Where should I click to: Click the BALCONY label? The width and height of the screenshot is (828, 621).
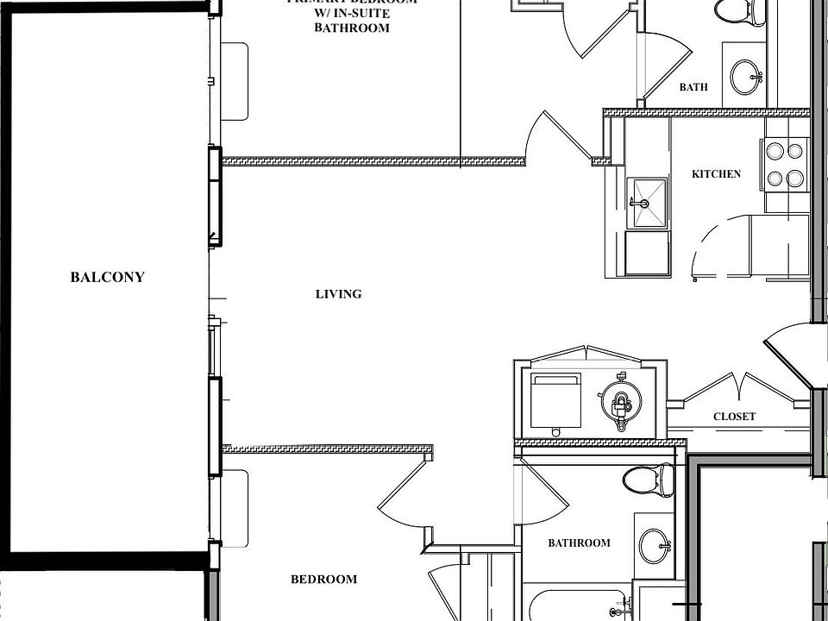click(x=107, y=277)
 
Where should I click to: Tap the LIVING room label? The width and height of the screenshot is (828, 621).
click(x=338, y=294)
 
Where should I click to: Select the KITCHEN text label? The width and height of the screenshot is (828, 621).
click(x=716, y=174)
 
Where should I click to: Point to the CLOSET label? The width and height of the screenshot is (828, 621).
click(x=734, y=417)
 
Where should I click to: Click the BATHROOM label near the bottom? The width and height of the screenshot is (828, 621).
click(x=579, y=543)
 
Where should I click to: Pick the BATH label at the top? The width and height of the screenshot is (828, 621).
click(x=693, y=87)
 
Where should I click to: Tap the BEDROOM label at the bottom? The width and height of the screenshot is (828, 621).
click(x=323, y=580)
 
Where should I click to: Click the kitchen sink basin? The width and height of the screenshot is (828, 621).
click(x=647, y=203)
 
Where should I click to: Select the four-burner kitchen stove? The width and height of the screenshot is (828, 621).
click(x=784, y=165)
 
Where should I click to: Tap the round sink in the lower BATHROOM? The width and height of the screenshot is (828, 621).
click(x=653, y=544)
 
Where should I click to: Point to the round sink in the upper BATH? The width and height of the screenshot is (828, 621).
click(x=744, y=77)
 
